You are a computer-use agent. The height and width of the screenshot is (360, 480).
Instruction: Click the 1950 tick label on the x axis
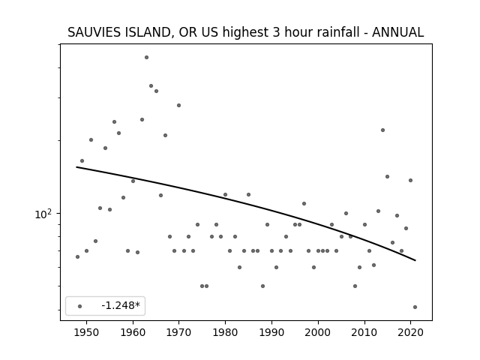pos(87,332)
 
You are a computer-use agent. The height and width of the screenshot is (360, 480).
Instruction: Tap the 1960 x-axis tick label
pos(133,332)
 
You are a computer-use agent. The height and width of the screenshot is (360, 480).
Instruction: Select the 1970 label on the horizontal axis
pos(178,332)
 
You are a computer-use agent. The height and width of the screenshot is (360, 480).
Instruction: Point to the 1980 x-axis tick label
pos(225,332)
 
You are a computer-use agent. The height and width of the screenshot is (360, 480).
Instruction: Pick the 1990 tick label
pos(271,332)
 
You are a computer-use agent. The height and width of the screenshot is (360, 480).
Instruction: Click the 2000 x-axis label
pos(318,332)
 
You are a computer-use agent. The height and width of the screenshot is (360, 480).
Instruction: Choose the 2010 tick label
pos(364,332)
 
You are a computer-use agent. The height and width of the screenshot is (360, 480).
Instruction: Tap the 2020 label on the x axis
pos(410,332)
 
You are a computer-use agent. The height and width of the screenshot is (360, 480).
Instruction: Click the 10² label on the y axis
pos(43,214)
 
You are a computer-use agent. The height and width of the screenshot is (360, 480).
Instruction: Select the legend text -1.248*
pos(121,305)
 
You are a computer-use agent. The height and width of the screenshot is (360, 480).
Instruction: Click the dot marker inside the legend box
pos(80,306)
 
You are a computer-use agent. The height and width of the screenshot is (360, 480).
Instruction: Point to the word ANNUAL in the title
pos(398,32)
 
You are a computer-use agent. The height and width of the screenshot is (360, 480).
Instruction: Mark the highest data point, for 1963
pos(147,57)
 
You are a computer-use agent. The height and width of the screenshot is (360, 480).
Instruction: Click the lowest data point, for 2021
pos(415,307)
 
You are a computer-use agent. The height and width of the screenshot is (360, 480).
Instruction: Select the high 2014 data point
pos(382,130)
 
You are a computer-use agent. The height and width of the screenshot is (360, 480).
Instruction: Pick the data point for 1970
pos(178,105)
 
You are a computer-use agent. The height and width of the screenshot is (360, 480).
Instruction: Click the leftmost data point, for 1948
pos(77,256)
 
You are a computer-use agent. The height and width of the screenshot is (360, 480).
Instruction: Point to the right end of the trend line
pos(415,260)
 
